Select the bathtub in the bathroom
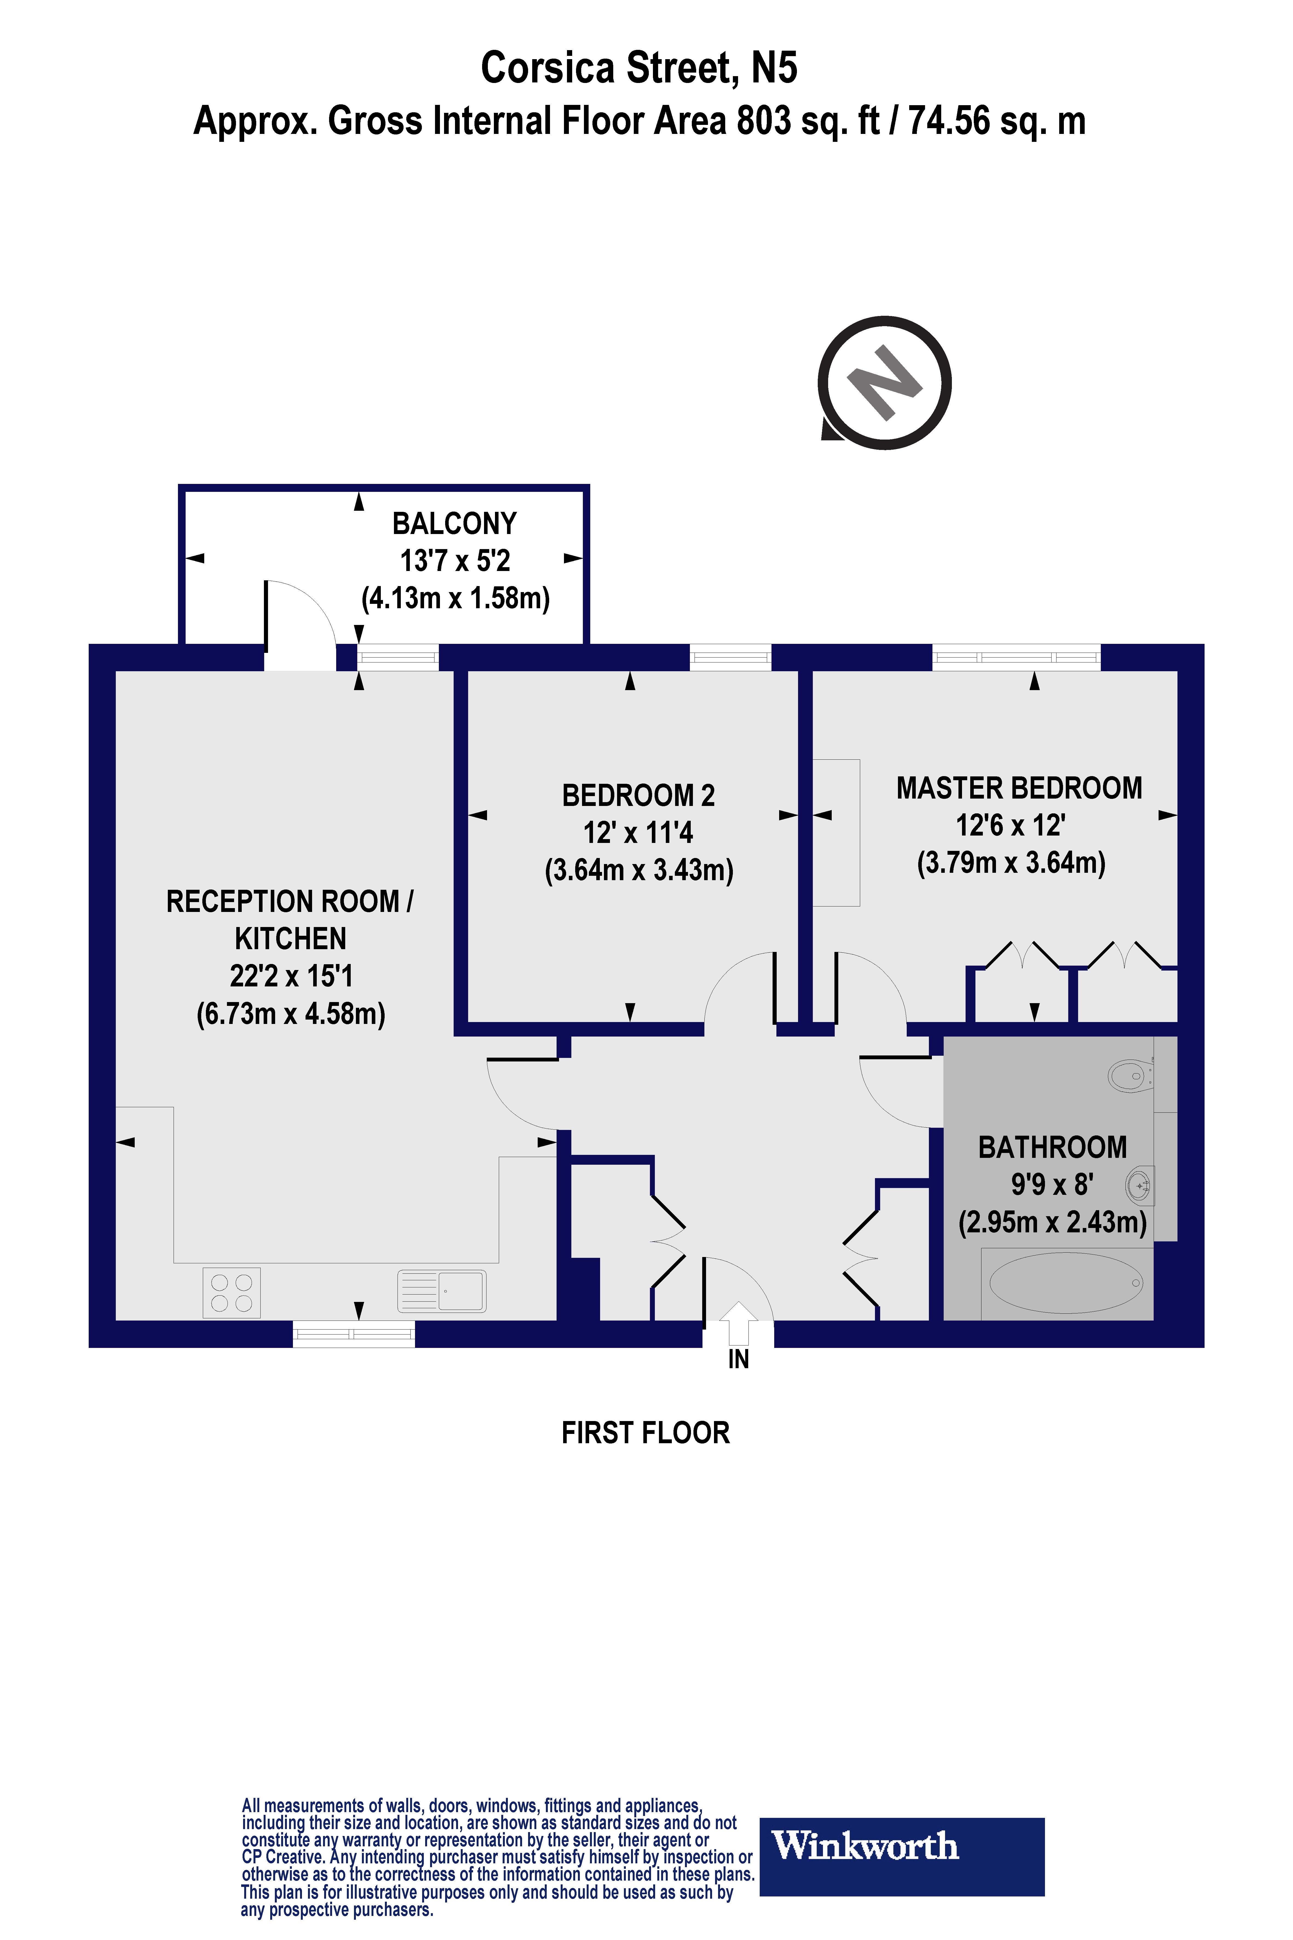pos(1065,1283)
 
